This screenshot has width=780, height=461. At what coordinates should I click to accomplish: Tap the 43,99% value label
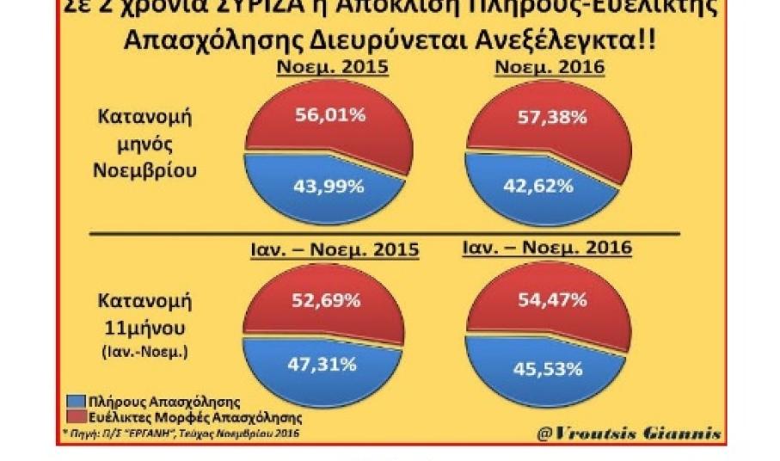(325, 185)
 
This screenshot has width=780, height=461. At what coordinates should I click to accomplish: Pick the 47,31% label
(322, 364)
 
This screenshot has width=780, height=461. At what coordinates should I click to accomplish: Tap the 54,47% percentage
(553, 300)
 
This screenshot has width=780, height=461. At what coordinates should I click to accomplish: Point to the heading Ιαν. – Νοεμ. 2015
(331, 249)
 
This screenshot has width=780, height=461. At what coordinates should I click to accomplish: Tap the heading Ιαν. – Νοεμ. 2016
(547, 248)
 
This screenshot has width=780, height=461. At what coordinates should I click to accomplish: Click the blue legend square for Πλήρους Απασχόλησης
(74, 401)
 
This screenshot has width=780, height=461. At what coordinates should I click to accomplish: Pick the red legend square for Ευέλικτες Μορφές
(74, 415)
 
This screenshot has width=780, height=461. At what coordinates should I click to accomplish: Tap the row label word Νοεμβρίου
(144, 170)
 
